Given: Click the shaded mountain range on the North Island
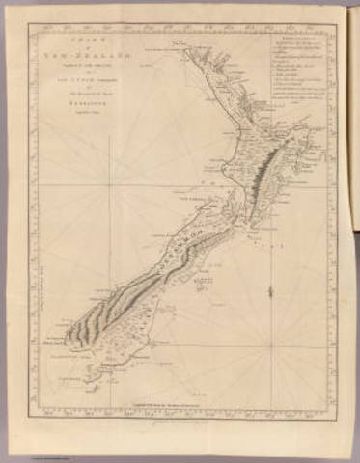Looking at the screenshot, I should (259, 179).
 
